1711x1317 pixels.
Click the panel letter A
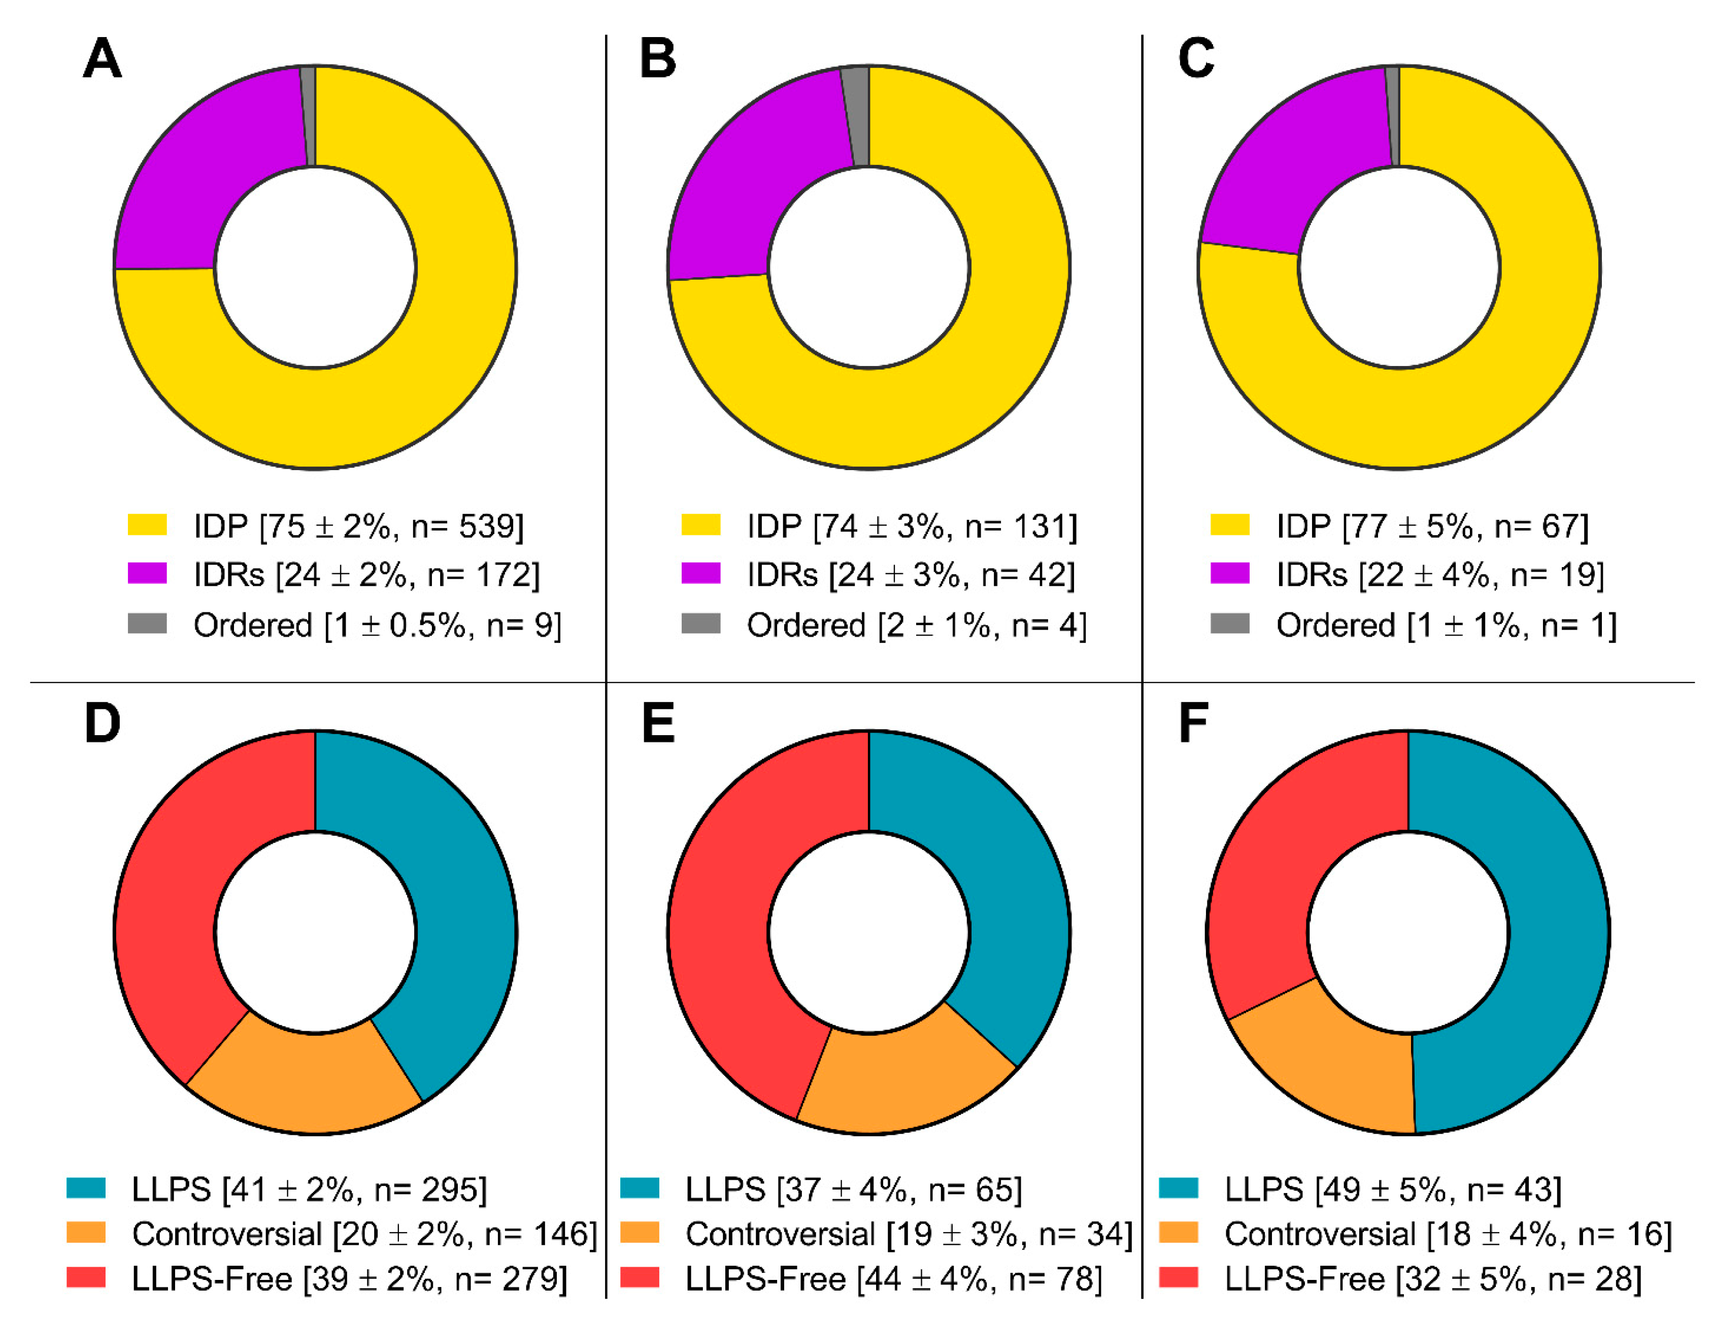coord(102,59)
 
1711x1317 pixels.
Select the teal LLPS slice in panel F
coord(1535,940)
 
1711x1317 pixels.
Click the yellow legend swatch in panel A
coord(147,525)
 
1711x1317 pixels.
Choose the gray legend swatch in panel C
coord(1229,623)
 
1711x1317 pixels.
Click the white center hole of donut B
coord(869,267)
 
